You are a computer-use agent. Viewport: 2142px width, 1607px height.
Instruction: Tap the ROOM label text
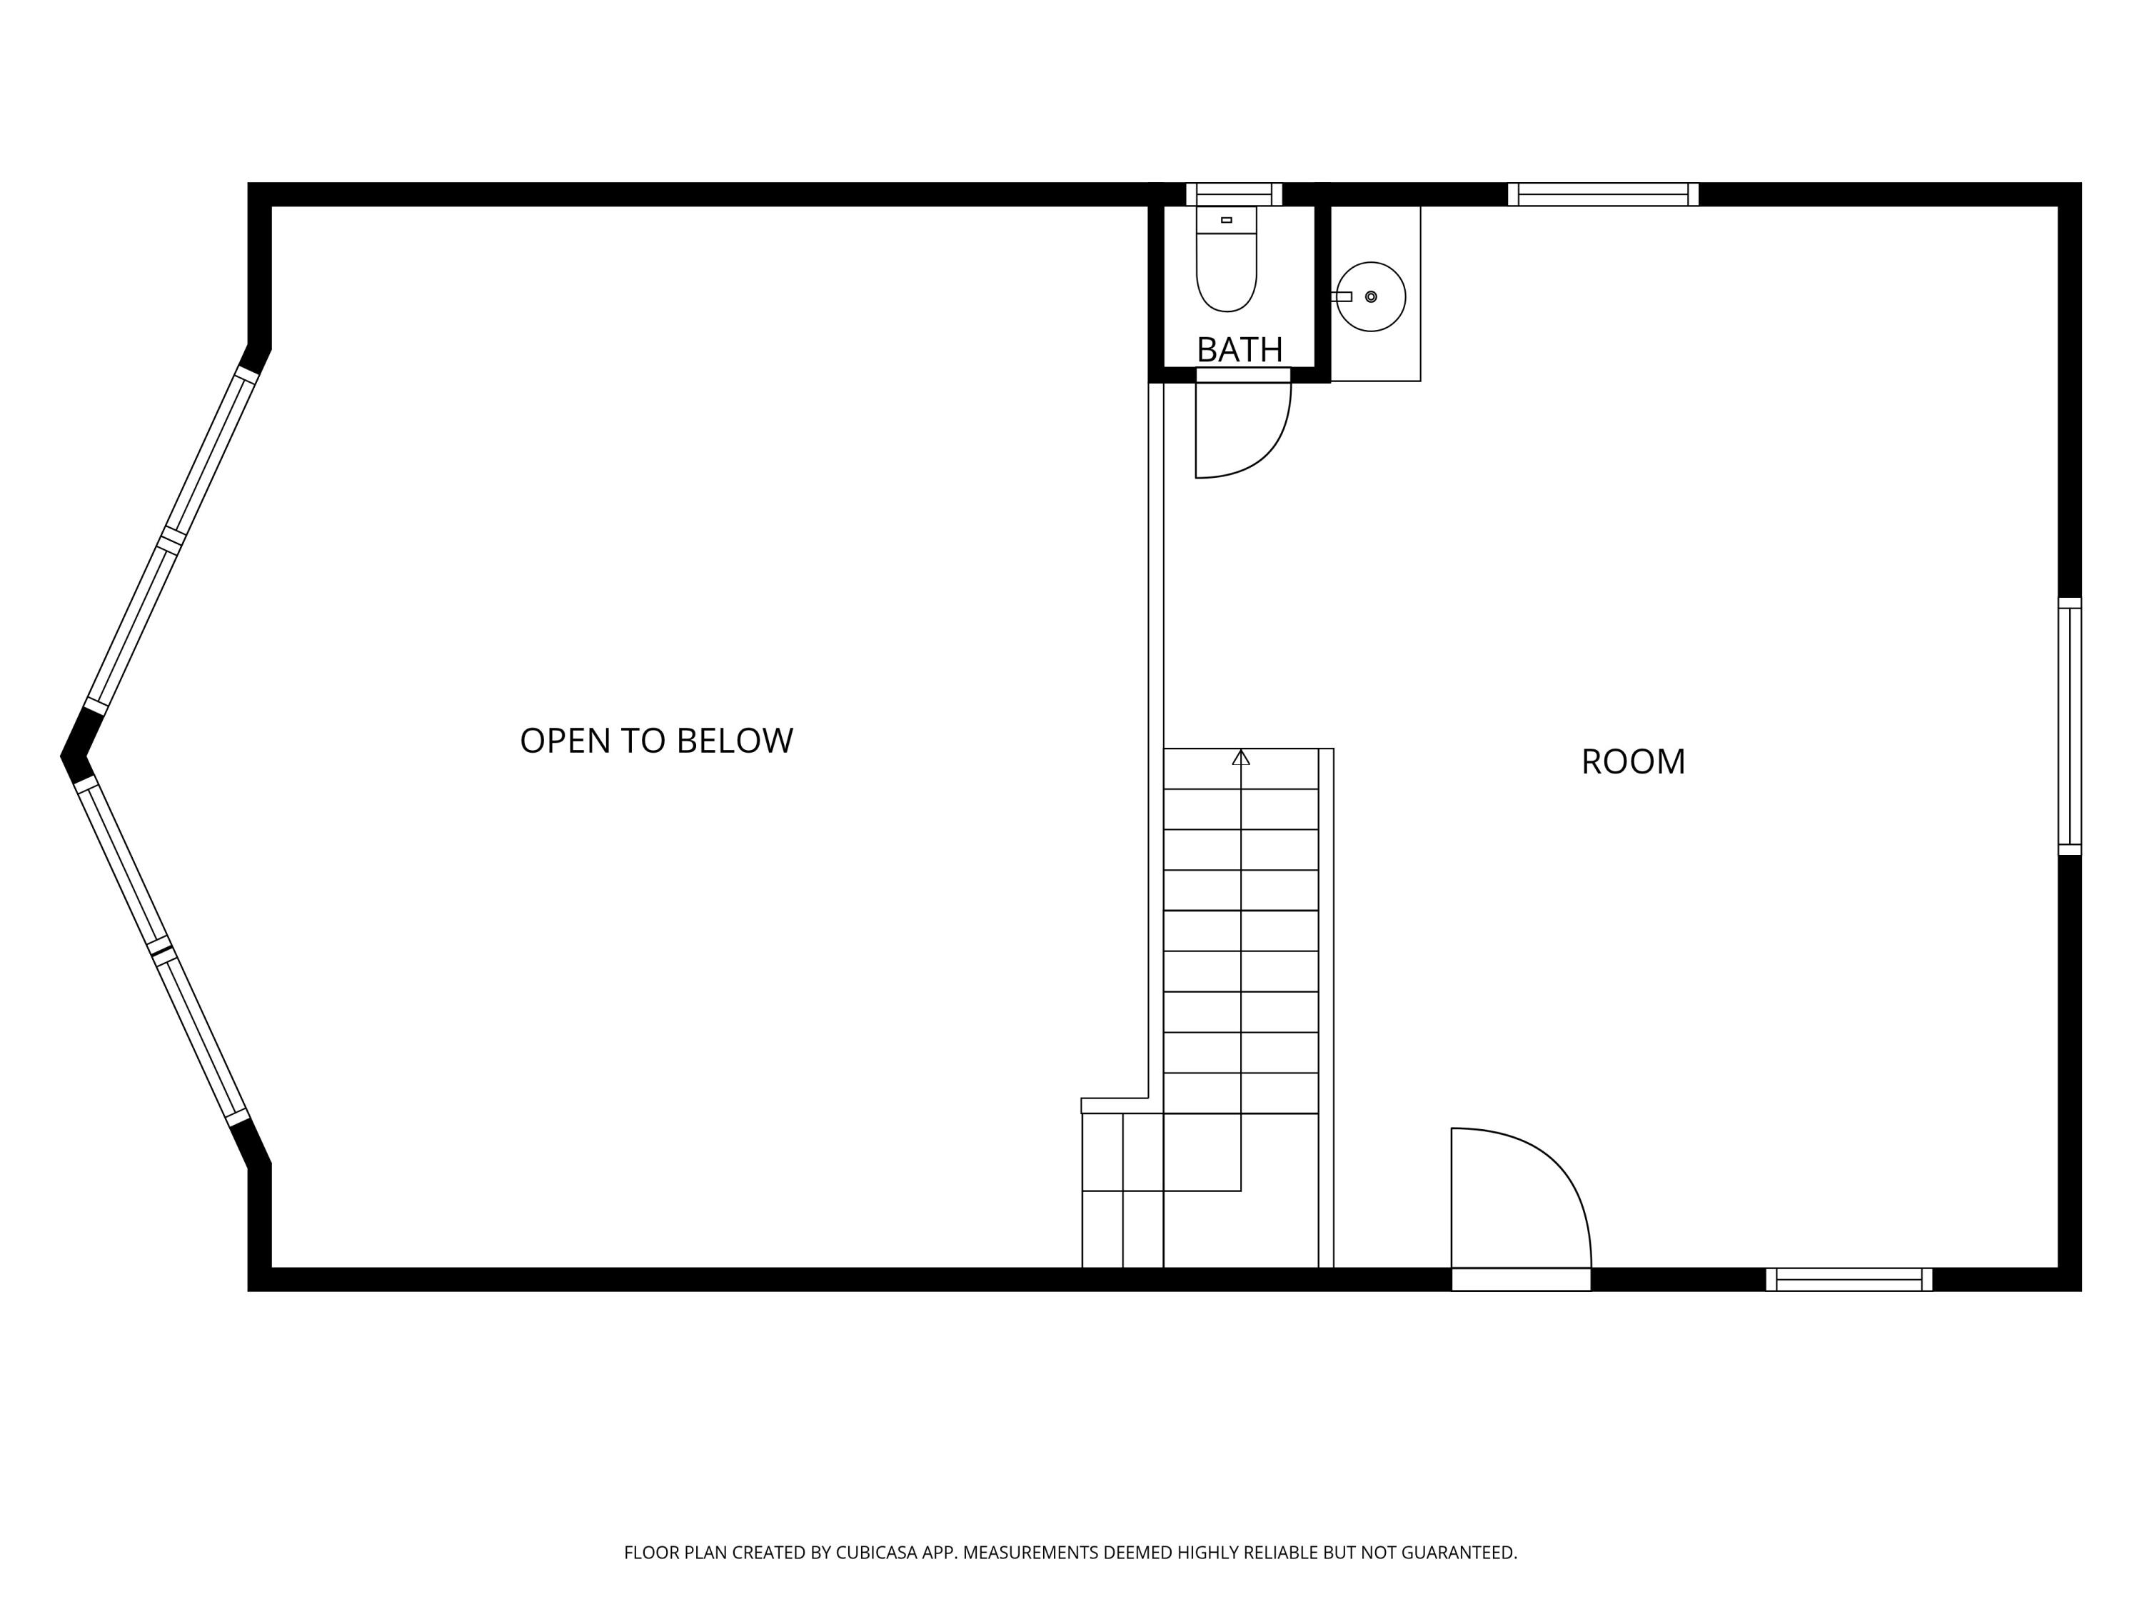point(1633,762)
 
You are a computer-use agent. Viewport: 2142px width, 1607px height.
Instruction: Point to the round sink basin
point(1371,296)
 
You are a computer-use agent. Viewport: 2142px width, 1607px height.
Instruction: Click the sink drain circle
point(1371,296)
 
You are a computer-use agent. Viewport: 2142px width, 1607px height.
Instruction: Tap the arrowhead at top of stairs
point(1240,758)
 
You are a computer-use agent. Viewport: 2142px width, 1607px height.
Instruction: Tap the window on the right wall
point(2069,726)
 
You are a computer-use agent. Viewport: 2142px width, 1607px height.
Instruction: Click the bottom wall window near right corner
point(1849,1280)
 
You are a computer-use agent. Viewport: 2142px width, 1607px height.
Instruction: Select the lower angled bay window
point(161,949)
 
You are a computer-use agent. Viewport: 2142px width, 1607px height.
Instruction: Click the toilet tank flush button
point(1226,220)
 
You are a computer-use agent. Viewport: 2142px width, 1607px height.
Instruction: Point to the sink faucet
point(1342,296)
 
